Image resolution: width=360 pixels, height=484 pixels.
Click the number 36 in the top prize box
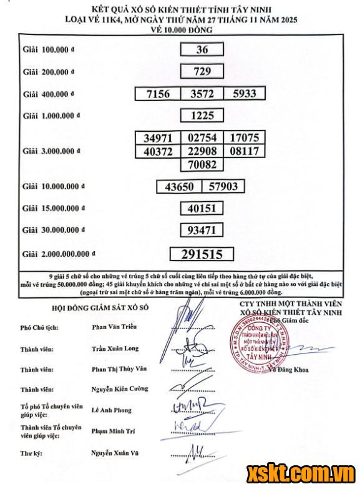pyautogui.click(x=201, y=50)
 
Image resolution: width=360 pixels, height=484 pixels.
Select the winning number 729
pyautogui.click(x=201, y=71)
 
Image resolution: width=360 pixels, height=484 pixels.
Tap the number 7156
pyautogui.click(x=158, y=94)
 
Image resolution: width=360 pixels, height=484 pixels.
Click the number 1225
pyautogui.click(x=201, y=115)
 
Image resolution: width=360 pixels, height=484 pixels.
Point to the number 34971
pyautogui.click(x=158, y=137)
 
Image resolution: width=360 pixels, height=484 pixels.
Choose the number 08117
pyautogui.click(x=244, y=151)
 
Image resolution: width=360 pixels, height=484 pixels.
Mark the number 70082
pyautogui.click(x=201, y=164)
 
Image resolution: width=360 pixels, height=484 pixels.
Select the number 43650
pyautogui.click(x=179, y=186)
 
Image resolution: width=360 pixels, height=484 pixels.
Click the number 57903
pyautogui.click(x=222, y=186)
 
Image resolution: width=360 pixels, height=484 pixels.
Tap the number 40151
pyautogui.click(x=201, y=208)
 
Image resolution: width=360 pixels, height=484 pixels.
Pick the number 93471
pyautogui.click(x=201, y=230)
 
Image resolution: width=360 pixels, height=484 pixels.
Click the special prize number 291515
pyautogui.click(x=201, y=254)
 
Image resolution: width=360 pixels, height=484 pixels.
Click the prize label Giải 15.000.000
pyautogui.click(x=53, y=208)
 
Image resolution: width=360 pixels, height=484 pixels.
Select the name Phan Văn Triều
pyautogui.click(x=113, y=326)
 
